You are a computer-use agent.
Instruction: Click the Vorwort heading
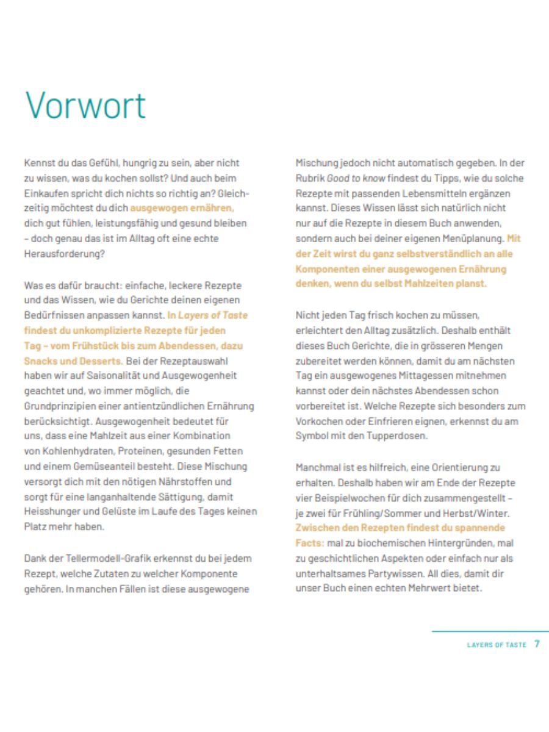click(x=85, y=105)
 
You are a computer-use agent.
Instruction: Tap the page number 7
click(x=537, y=644)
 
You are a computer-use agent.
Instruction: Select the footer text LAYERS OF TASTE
click(x=497, y=645)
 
